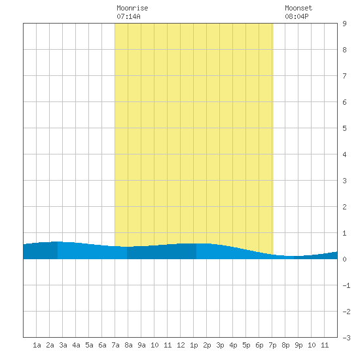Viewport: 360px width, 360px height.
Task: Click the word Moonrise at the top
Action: click(x=132, y=8)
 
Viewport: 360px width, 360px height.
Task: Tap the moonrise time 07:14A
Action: click(x=128, y=16)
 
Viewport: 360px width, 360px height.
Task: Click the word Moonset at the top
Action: click(x=298, y=8)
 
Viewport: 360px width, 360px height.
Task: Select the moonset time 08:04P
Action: click(x=297, y=16)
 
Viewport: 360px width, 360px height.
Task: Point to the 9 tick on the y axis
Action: click(x=344, y=24)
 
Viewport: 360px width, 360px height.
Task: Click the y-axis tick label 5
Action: click(x=344, y=128)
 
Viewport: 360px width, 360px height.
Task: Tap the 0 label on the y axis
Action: click(x=344, y=259)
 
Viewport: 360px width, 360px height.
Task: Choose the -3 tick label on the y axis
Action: click(x=346, y=338)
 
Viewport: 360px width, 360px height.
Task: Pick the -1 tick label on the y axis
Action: click(x=346, y=285)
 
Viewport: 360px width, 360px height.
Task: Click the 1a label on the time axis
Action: click(x=37, y=345)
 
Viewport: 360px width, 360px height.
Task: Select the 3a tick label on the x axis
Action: click(x=63, y=345)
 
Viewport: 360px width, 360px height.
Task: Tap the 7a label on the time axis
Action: click(x=115, y=345)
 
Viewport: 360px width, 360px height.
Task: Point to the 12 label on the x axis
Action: click(x=181, y=345)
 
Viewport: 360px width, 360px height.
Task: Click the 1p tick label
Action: click(x=194, y=345)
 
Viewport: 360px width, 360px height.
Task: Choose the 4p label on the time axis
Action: click(x=233, y=345)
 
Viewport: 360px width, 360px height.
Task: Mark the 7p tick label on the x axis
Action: click(x=272, y=345)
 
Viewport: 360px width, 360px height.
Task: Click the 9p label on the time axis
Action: click(x=298, y=345)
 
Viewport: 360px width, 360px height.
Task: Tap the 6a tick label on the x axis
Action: click(x=102, y=345)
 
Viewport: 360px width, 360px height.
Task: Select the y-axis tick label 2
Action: click(x=344, y=207)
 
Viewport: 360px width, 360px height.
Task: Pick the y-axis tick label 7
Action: click(x=344, y=76)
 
